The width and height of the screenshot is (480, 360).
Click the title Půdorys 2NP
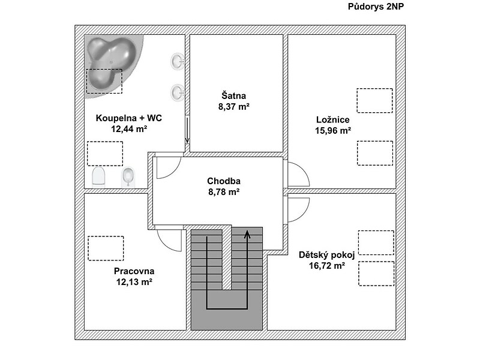tap(376, 7)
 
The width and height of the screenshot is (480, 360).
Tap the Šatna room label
tap(233, 95)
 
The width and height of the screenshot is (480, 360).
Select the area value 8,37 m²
tap(233, 107)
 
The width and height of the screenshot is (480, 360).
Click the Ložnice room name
tap(333, 119)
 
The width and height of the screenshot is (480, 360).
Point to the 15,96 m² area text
tap(333, 131)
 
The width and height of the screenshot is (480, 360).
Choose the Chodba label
tap(224, 181)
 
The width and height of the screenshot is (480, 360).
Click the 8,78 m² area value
tap(224, 192)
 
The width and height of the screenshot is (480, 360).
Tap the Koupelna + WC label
tap(129, 118)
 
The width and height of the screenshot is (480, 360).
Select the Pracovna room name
tap(134, 271)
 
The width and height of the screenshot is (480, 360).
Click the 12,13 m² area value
tap(134, 282)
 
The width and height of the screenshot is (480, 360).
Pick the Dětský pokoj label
tap(326, 255)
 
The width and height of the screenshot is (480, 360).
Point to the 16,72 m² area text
tap(326, 266)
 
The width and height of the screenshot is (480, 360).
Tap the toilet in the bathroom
tap(98, 177)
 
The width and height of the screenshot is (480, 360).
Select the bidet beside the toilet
tap(128, 177)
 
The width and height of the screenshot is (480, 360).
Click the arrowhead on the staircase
tap(247, 235)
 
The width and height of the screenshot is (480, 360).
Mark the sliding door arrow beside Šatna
tap(187, 130)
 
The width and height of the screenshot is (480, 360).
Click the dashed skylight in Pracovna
tap(106, 248)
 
